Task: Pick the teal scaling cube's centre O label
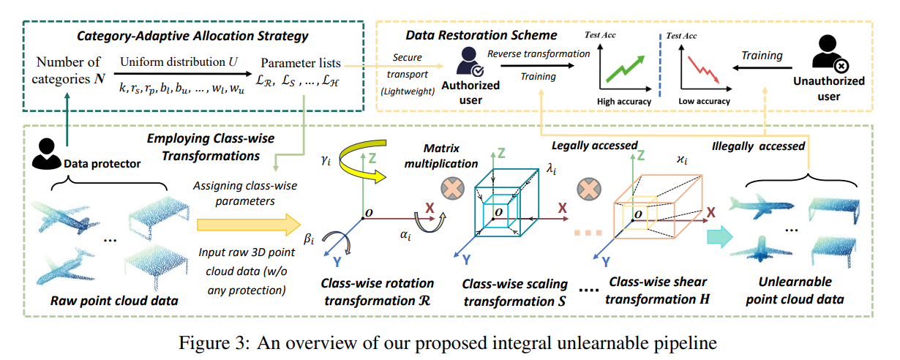click(x=499, y=212)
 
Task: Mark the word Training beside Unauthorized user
click(x=762, y=55)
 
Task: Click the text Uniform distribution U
click(x=178, y=61)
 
